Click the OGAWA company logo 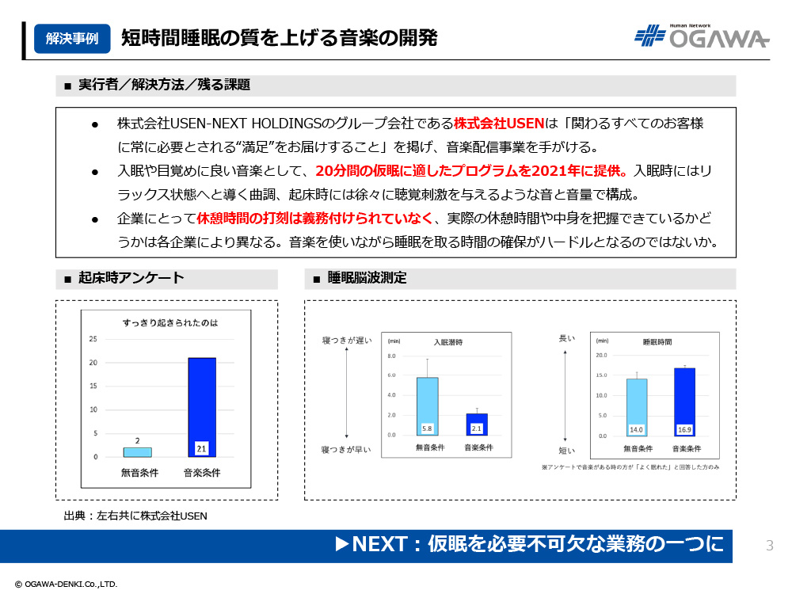pos(702,36)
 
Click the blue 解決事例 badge pos(72,38)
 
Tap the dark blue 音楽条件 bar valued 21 pos(202,407)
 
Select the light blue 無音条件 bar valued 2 pos(137,452)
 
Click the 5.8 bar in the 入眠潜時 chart pos(427,406)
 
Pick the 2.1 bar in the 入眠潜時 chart pos(477,425)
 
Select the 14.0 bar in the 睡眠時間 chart pos(636,407)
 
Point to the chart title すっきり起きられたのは pos(170,322)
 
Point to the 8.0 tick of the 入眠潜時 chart pos(390,356)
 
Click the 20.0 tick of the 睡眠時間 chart pos(600,355)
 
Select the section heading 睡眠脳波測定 pos(367,279)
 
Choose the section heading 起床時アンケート pos(131,278)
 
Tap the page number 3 pos(770,545)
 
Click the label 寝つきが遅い pos(346,341)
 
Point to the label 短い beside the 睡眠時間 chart pos(566,450)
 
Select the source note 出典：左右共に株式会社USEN pos(135,516)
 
